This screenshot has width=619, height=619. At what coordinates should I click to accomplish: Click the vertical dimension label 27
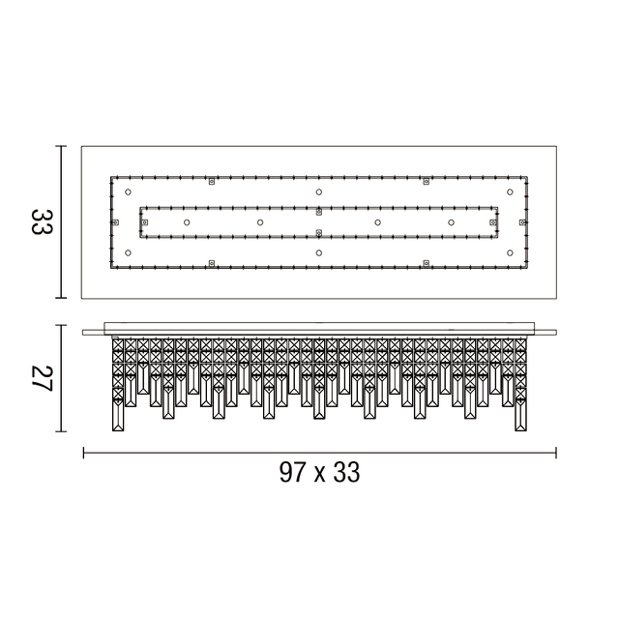click(x=42, y=378)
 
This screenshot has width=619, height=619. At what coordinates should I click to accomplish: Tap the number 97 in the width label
click(x=292, y=472)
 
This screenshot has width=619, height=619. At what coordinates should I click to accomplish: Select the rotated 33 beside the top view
click(x=42, y=222)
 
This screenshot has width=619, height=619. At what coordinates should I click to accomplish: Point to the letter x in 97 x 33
click(x=320, y=475)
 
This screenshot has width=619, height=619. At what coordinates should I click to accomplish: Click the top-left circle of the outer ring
click(x=128, y=192)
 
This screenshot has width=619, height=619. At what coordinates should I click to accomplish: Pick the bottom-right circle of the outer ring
click(x=510, y=252)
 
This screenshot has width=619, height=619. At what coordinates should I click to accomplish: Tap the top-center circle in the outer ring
click(x=319, y=192)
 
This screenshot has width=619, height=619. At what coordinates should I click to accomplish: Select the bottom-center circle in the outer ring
click(x=319, y=252)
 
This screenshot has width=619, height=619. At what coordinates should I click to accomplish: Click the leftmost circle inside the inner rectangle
click(x=187, y=222)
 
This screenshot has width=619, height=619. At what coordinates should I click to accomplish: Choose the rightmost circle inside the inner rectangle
click(x=452, y=222)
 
